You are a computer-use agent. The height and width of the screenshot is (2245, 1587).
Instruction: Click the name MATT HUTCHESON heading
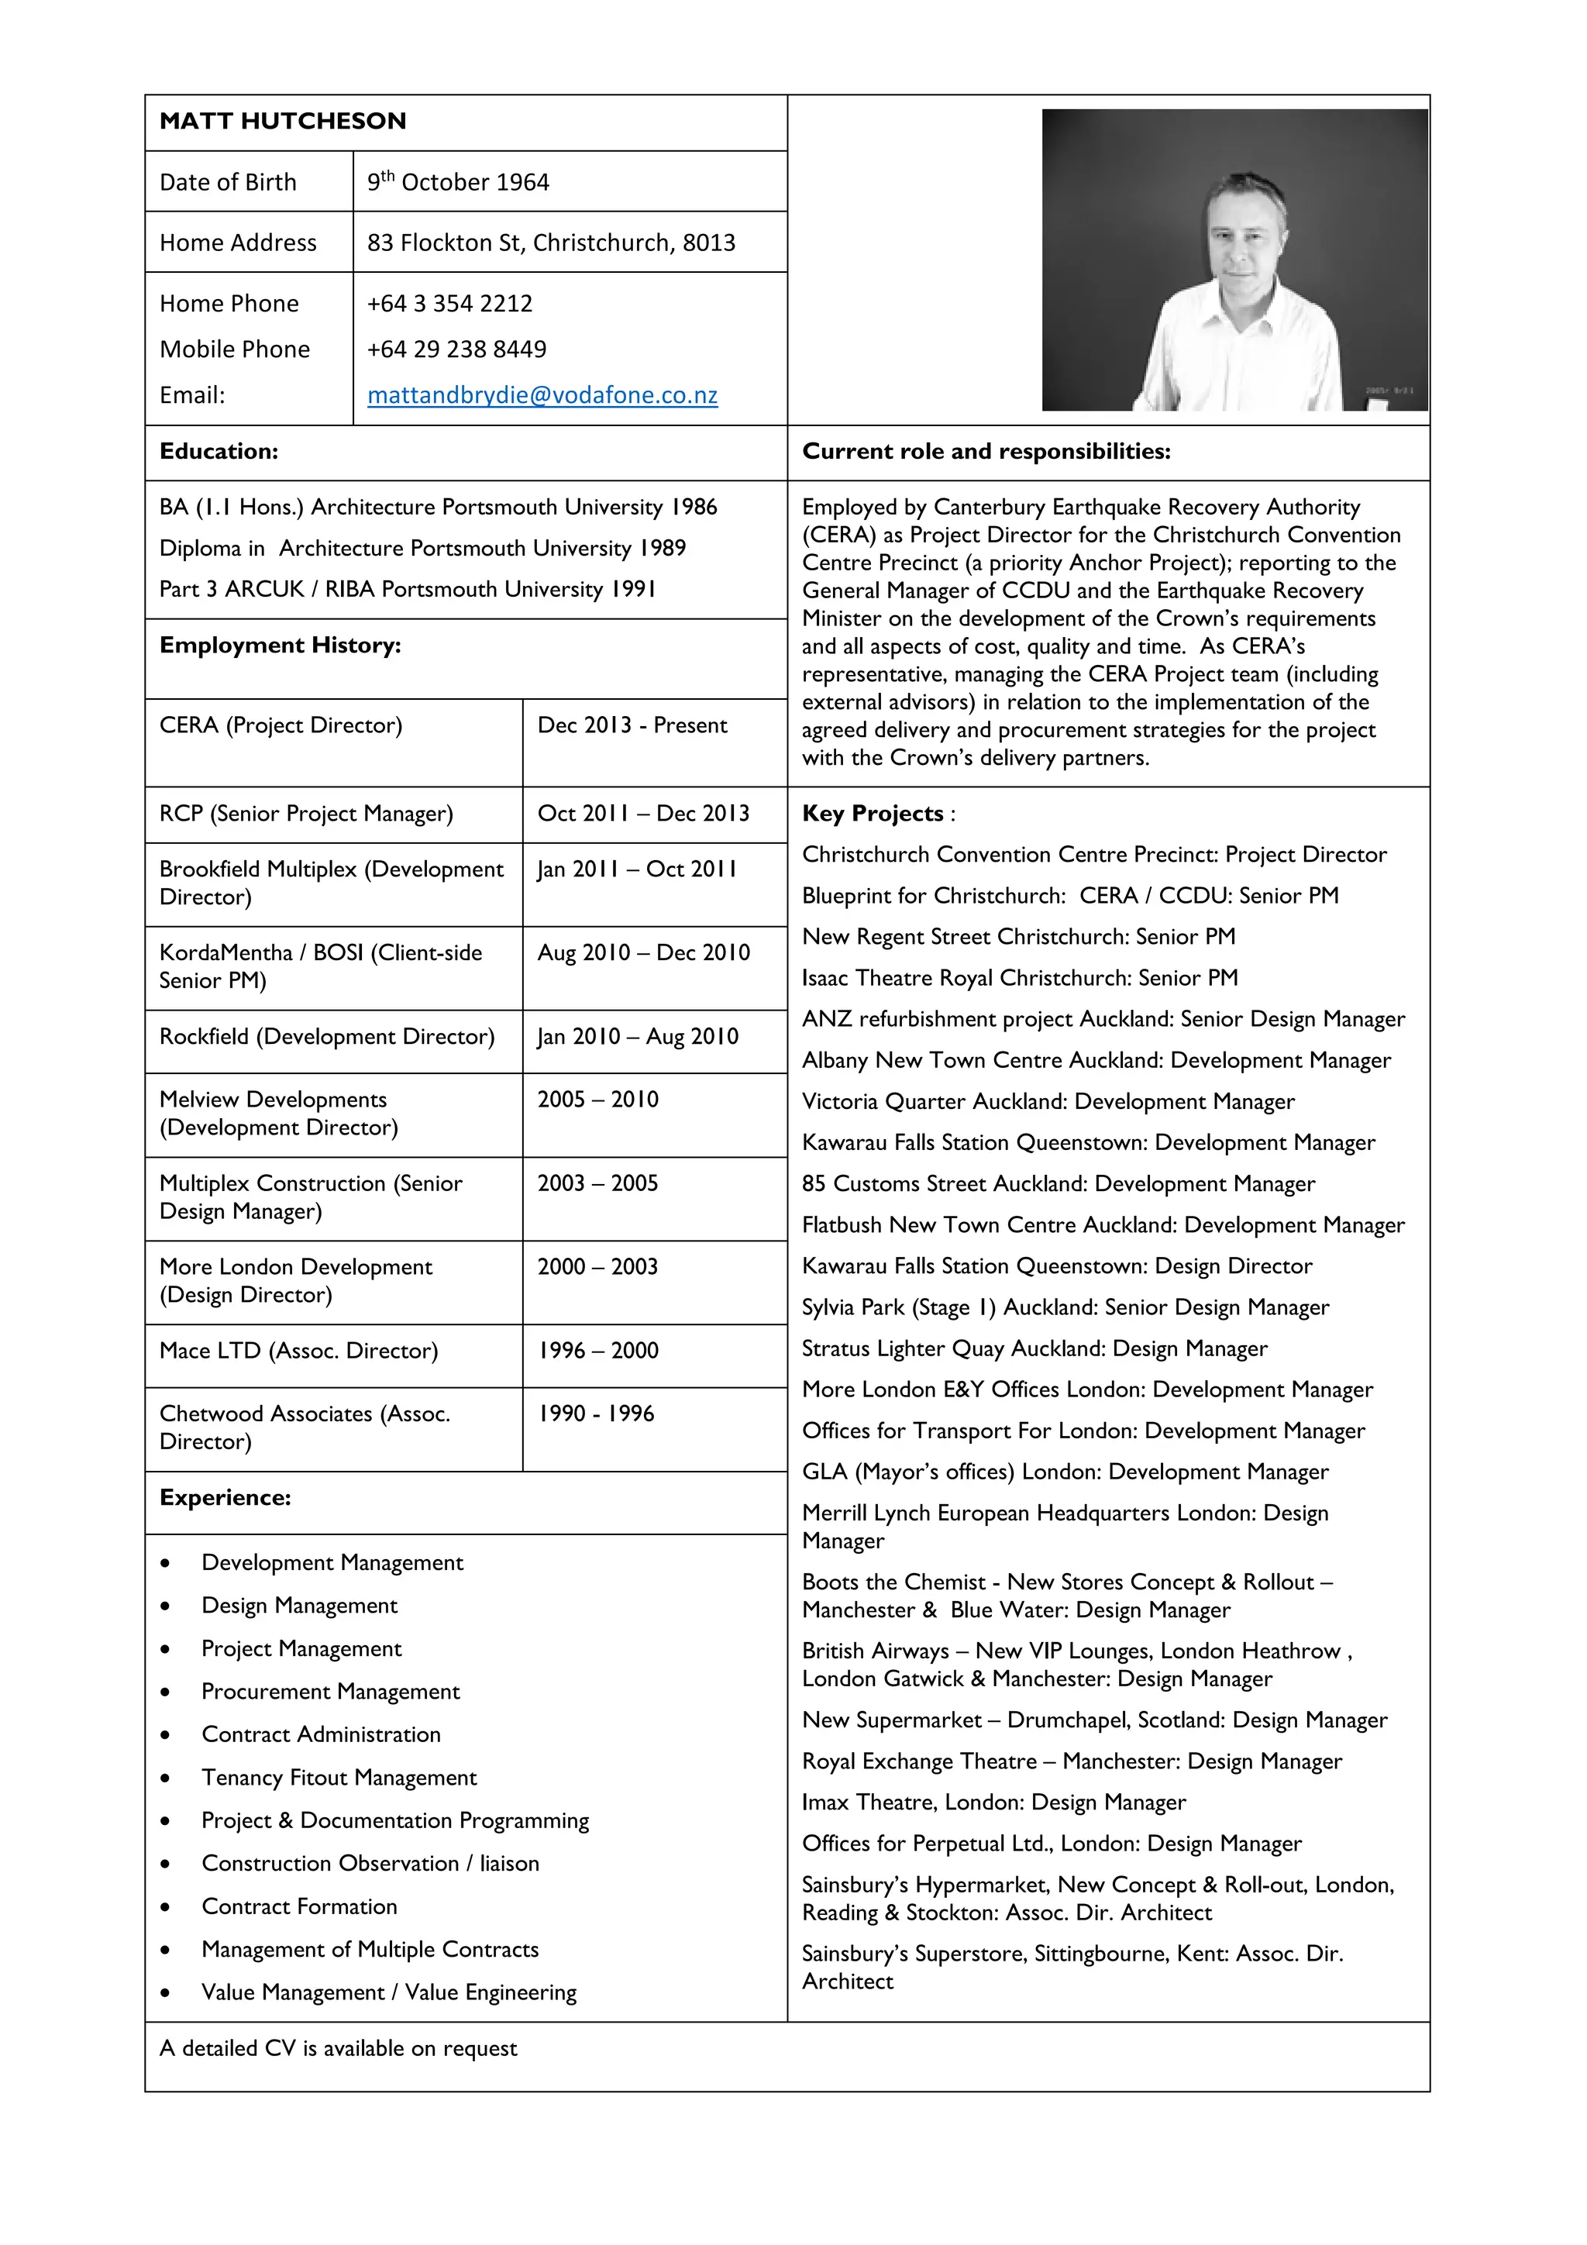[283, 121]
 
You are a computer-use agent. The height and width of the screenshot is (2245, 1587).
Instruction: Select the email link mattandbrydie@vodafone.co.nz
[542, 395]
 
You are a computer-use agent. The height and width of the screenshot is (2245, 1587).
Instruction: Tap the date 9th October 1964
[458, 183]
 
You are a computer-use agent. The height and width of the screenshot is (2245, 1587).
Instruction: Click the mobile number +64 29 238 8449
[456, 349]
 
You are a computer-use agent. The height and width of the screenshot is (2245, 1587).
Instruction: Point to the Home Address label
[238, 243]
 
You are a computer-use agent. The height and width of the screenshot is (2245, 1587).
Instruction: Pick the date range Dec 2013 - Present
[632, 725]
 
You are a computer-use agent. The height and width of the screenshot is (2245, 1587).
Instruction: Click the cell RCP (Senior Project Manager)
[306, 814]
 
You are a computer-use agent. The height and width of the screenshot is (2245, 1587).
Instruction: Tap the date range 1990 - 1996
[595, 1414]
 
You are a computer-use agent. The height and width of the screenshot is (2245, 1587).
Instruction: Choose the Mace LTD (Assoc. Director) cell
[298, 1351]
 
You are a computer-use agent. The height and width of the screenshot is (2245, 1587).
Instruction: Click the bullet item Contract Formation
[299, 1906]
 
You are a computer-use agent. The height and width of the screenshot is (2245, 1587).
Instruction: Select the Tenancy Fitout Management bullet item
[339, 1778]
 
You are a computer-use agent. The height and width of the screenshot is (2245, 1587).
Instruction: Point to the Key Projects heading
[873, 814]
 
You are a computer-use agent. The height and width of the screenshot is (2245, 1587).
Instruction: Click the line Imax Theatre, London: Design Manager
[993, 1802]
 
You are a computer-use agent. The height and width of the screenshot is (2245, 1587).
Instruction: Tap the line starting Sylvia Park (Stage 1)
[1065, 1307]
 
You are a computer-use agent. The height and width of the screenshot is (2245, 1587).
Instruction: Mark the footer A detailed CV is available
[339, 2048]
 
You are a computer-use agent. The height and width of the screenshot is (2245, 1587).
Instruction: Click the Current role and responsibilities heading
[986, 452]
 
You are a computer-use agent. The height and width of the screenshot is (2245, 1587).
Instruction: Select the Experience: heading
[225, 1498]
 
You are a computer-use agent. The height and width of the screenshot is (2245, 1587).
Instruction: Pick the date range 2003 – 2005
[597, 1183]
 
